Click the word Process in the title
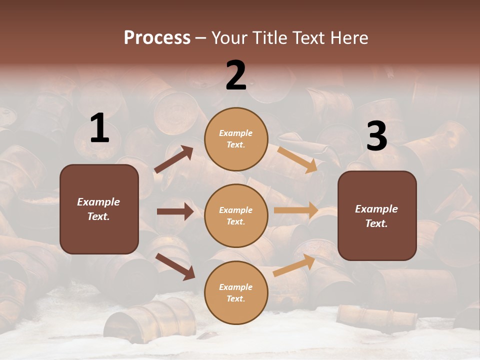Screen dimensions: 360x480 click(157, 38)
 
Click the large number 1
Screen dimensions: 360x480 click(99, 128)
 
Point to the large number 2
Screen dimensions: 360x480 click(236, 75)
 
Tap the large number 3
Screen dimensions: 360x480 click(376, 136)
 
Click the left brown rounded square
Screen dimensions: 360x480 click(99, 209)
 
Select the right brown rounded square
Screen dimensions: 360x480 click(377, 215)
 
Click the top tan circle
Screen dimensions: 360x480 click(236, 138)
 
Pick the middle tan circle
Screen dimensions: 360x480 click(236, 215)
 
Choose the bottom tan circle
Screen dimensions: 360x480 click(236, 292)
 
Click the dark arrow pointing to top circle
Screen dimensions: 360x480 click(174, 159)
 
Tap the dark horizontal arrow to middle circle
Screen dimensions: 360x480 click(175, 211)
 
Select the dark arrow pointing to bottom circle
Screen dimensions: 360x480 click(175, 266)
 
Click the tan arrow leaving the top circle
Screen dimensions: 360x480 click(297, 159)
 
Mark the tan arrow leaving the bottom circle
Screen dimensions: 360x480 click(294, 265)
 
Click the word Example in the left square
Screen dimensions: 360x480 click(98, 202)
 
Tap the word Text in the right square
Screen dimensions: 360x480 click(376, 223)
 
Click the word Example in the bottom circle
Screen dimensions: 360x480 click(236, 287)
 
